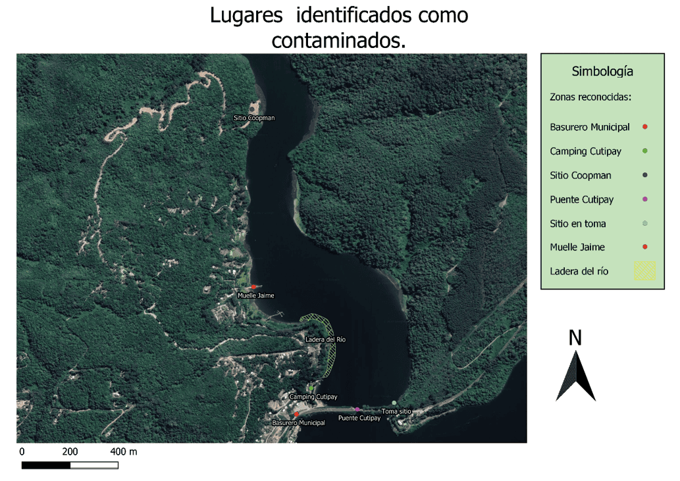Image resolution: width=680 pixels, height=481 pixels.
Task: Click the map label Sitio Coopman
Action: pyautogui.click(x=253, y=118)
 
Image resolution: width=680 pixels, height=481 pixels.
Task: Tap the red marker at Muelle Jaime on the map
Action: pyautogui.click(x=253, y=287)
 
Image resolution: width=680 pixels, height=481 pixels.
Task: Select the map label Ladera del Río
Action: pyautogui.click(x=325, y=340)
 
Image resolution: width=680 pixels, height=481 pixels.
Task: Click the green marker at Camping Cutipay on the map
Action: pyautogui.click(x=311, y=389)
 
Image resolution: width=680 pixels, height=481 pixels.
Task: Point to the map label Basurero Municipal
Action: pyautogui.click(x=298, y=422)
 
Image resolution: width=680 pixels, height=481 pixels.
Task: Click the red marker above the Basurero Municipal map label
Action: pyautogui.click(x=297, y=414)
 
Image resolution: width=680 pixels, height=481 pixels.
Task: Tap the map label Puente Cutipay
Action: pyautogui.click(x=359, y=418)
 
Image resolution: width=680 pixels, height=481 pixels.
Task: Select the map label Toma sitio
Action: pyautogui.click(x=396, y=411)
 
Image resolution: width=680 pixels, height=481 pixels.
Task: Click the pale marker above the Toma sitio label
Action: pyautogui.click(x=394, y=403)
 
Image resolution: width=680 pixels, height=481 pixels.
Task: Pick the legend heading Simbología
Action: pyautogui.click(x=602, y=72)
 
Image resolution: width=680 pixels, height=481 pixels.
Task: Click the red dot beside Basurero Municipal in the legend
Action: pyautogui.click(x=645, y=127)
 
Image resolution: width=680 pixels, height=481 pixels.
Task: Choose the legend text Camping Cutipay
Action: pyautogui.click(x=585, y=151)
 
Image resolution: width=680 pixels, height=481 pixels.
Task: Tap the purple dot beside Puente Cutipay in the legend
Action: pyautogui.click(x=645, y=199)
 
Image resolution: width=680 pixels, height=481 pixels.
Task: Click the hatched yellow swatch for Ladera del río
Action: pyautogui.click(x=645, y=271)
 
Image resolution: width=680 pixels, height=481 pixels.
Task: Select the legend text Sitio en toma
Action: pyautogui.click(x=577, y=224)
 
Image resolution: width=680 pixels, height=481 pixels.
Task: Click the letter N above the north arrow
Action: pyautogui.click(x=575, y=338)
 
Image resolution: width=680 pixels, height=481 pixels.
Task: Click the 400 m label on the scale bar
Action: pyautogui.click(x=123, y=452)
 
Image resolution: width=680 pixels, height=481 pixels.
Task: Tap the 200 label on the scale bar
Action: pyautogui.click(x=70, y=452)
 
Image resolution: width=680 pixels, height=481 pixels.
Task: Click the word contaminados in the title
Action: pyautogui.click(x=338, y=41)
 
